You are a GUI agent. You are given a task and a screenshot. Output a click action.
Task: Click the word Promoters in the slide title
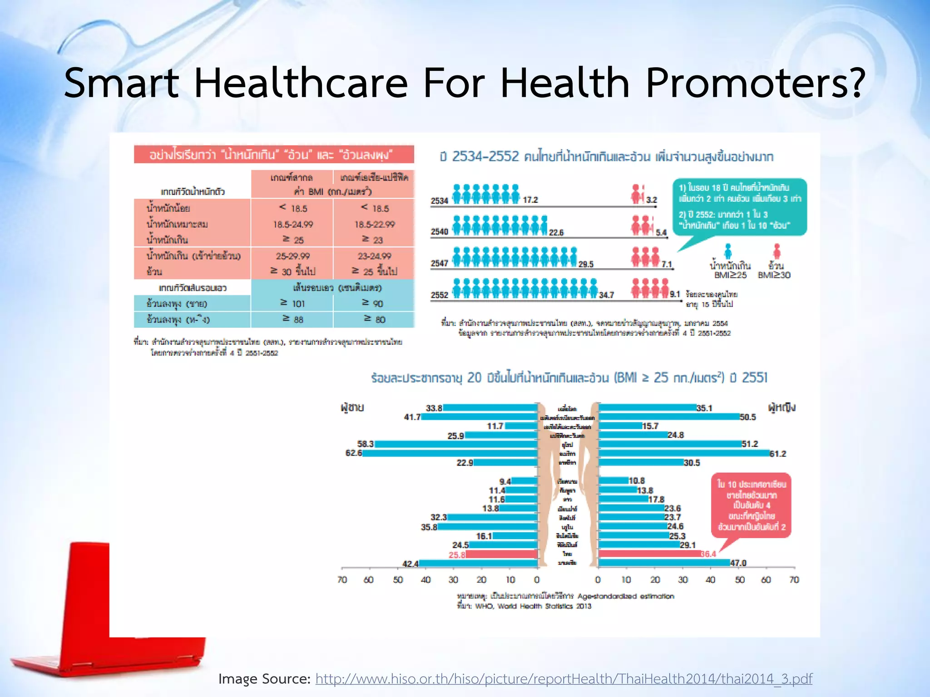[x=754, y=83]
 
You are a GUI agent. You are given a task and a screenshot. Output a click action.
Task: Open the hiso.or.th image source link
[x=564, y=679]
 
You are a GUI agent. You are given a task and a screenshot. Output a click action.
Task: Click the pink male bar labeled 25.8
[x=502, y=554]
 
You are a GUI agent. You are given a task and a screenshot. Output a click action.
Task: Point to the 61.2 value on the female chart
[x=778, y=453]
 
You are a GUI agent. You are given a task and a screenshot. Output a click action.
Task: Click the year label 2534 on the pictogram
[x=439, y=201]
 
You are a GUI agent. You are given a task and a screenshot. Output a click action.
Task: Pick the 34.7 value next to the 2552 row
[x=606, y=295]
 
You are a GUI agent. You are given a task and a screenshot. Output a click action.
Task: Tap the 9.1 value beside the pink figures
[x=675, y=294]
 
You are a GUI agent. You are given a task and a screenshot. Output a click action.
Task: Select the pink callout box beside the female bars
[x=751, y=505]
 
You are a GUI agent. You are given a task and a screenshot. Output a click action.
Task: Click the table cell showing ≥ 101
[x=292, y=303]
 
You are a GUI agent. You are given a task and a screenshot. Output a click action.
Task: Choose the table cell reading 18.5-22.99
[x=374, y=224]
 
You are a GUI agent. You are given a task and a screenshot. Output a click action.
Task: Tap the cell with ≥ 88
[x=292, y=319]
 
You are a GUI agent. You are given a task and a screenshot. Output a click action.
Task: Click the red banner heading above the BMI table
[x=274, y=155]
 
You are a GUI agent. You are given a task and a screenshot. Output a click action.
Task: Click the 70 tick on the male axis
[x=342, y=579]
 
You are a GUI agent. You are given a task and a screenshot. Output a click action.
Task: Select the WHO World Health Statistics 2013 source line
[x=524, y=606]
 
